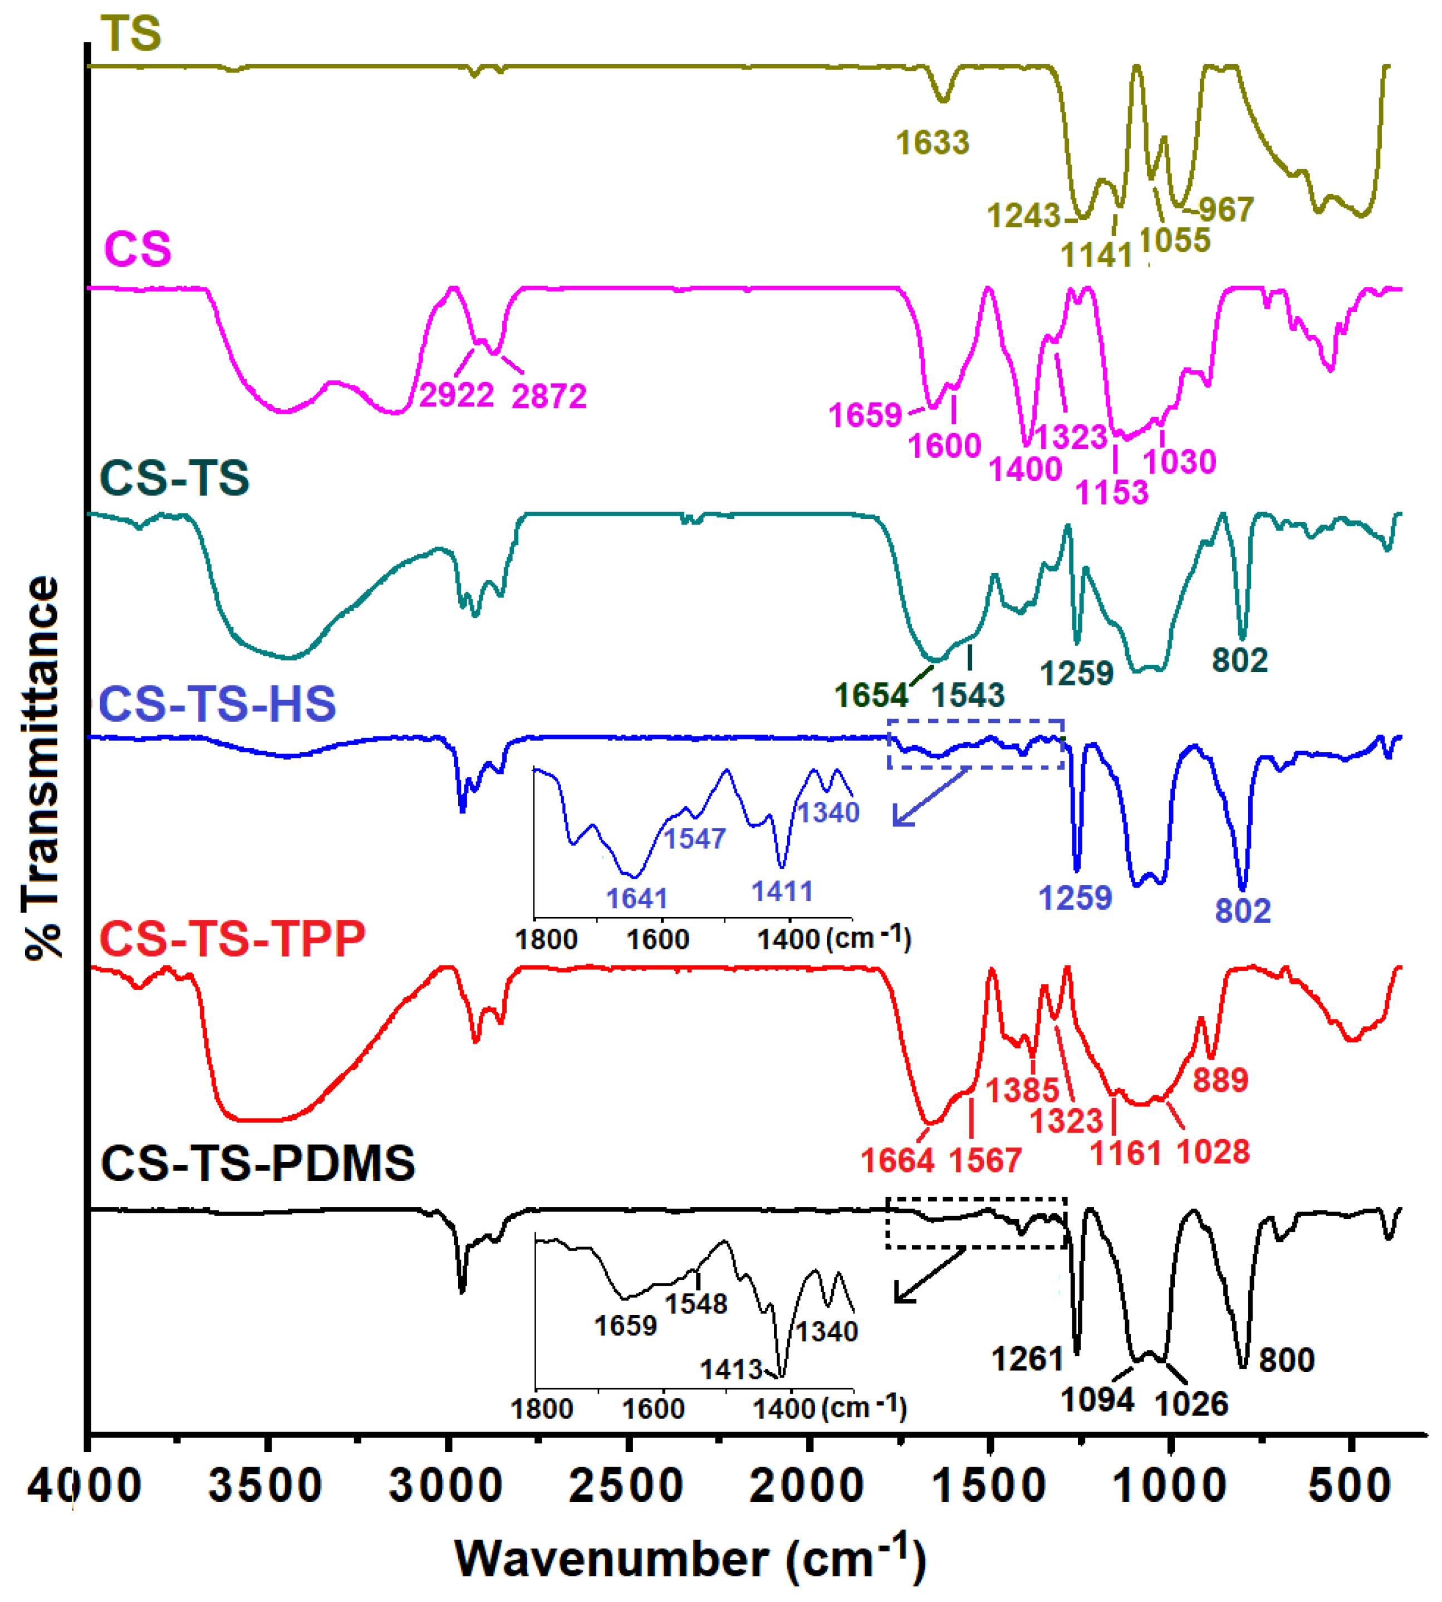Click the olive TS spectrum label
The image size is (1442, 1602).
click(131, 34)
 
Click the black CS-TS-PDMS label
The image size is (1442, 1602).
click(257, 1162)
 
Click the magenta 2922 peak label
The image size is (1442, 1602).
click(457, 395)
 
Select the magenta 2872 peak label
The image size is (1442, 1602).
click(549, 396)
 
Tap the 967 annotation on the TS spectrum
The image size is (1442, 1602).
click(1226, 210)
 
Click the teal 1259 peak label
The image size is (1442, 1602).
click(1076, 673)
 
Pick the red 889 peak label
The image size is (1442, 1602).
click(1220, 1080)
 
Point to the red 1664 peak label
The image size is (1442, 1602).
click(897, 1160)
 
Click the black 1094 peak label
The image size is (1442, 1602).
click(1097, 1400)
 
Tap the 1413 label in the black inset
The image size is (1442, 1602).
click(730, 1369)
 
